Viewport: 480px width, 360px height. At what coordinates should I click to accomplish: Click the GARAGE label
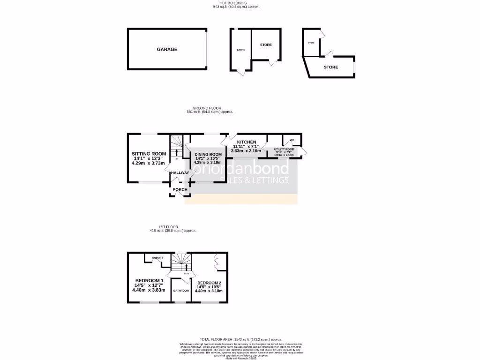167,49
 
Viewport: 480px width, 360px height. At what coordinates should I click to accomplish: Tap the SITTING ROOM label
149,154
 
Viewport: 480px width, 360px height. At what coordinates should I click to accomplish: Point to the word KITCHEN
246,142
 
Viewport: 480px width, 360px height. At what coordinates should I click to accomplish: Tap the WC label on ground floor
291,140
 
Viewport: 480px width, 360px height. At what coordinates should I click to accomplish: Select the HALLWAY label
180,173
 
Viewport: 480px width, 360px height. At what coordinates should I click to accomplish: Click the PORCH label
180,190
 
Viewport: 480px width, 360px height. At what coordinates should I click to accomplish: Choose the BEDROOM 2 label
209,283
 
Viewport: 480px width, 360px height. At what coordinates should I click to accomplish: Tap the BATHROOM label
181,291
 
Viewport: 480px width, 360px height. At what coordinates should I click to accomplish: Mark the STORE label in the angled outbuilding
330,67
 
